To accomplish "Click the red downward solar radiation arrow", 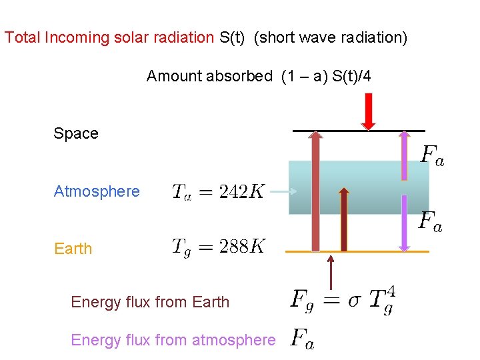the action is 368,111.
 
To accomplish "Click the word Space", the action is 76,133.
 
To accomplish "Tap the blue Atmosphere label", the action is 97,191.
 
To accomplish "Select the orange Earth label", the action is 73,249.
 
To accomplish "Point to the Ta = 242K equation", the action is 218,192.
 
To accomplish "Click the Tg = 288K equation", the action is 218,247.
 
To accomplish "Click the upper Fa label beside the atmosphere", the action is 432,156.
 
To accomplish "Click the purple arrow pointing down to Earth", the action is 404,223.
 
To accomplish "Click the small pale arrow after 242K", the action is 283,192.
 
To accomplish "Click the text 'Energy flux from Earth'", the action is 150,302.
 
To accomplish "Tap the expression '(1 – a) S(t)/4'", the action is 326,76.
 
